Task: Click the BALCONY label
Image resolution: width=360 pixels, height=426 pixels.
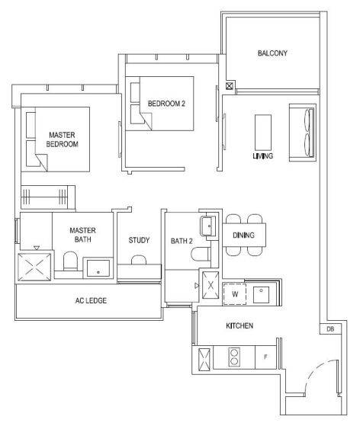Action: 272,53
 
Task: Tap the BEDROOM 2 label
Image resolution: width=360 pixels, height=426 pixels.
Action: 166,104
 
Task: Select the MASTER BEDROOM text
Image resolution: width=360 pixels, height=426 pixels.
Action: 63,139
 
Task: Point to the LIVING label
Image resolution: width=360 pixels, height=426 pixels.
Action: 263,156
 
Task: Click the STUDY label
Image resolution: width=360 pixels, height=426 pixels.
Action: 139,240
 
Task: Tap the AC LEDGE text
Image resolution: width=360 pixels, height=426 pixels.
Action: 91,300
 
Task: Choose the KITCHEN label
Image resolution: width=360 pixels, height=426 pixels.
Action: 239,325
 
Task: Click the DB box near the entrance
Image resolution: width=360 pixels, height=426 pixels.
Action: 330,329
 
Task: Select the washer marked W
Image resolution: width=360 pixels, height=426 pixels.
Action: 235,294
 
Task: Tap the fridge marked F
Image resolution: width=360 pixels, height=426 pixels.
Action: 265,357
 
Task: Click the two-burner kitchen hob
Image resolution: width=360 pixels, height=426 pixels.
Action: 234,357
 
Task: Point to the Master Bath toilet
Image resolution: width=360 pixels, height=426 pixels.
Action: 70,261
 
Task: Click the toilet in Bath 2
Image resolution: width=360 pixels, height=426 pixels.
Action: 201,255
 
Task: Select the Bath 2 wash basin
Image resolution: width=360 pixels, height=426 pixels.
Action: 208,226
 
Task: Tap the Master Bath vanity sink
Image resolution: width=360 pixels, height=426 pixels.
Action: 98,268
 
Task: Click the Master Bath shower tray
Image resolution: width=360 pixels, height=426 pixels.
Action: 34,267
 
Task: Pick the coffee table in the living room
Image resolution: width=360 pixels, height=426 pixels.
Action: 263,133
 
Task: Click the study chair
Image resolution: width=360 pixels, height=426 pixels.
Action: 139,260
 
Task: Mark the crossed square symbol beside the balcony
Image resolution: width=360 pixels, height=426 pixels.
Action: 230,86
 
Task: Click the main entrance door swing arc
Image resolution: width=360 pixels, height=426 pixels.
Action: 314,372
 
